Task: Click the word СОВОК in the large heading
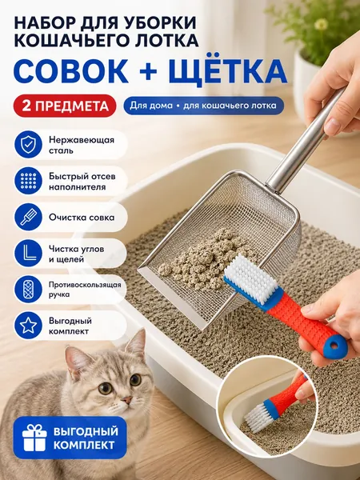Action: coord(71,71)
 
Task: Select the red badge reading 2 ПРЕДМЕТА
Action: coord(65,106)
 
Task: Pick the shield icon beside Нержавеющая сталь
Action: coord(28,145)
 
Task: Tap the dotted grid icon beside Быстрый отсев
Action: coord(28,181)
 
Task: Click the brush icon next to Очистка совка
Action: coord(28,217)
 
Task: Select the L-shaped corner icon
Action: coord(28,253)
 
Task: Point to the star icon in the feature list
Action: coord(28,326)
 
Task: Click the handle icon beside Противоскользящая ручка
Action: coord(28,290)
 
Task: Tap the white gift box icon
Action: coord(34,438)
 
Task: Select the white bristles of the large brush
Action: coord(251,275)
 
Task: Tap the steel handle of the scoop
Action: coord(306,139)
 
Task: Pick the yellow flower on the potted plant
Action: coord(321,24)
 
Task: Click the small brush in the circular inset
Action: coord(276,400)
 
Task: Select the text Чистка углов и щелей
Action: coord(77,254)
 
